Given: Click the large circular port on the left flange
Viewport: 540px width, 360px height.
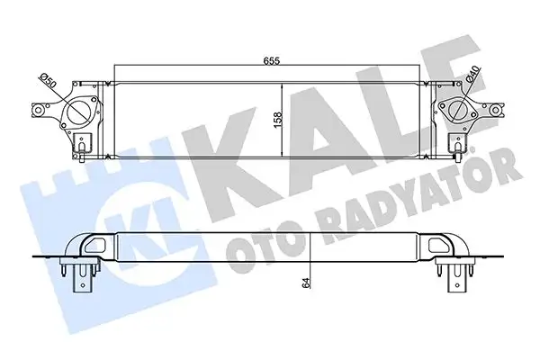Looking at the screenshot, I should point(78,112).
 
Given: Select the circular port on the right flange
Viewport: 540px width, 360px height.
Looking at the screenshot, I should point(462,113).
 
